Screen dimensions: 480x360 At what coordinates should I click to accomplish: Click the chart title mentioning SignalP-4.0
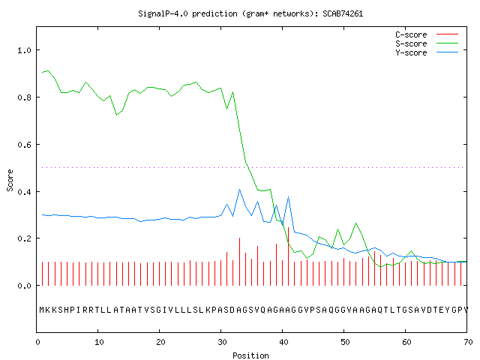(250, 13)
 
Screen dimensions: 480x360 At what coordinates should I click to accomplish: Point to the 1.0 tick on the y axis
(25, 50)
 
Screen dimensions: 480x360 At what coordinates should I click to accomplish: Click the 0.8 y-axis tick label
(25, 97)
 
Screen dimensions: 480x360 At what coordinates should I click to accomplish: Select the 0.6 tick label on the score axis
(25, 145)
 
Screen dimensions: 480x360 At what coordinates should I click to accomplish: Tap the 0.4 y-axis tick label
(25, 192)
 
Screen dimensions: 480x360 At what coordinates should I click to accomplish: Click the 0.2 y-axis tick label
(25, 238)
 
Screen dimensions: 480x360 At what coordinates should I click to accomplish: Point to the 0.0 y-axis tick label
(25, 286)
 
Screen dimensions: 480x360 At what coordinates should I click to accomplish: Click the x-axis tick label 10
(99, 342)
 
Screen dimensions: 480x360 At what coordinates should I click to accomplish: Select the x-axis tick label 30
(222, 342)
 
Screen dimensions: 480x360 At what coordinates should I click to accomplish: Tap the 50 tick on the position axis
(345, 342)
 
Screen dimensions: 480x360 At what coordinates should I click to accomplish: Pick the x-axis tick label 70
(468, 342)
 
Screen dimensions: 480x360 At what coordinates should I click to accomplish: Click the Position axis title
(250, 355)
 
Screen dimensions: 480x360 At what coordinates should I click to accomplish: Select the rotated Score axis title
(10, 180)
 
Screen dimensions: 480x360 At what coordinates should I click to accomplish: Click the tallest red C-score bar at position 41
(288, 256)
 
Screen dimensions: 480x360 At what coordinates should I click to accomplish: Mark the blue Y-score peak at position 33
(239, 190)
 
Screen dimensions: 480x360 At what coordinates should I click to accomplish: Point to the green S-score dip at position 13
(116, 115)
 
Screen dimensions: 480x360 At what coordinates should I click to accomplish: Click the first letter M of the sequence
(42, 310)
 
